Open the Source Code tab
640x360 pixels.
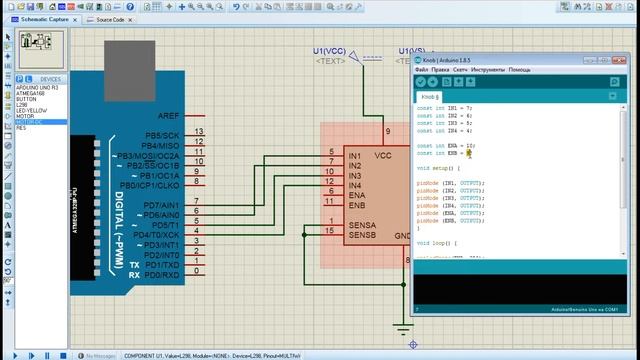[x=107, y=19]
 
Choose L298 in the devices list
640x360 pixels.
[x=22, y=105]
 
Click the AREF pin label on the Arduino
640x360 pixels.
[x=168, y=116]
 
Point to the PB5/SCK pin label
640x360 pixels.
[x=162, y=135]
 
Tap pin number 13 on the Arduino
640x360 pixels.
[x=200, y=132]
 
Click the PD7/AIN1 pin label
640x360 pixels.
[x=161, y=204]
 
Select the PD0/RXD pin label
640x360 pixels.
[x=161, y=273]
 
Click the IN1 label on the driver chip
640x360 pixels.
[x=354, y=157]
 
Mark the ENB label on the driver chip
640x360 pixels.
[x=355, y=205]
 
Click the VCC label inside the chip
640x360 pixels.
[x=383, y=157]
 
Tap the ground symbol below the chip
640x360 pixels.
[x=403, y=328]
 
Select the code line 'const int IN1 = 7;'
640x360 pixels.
[x=445, y=106]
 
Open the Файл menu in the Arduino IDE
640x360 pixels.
[x=421, y=70]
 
